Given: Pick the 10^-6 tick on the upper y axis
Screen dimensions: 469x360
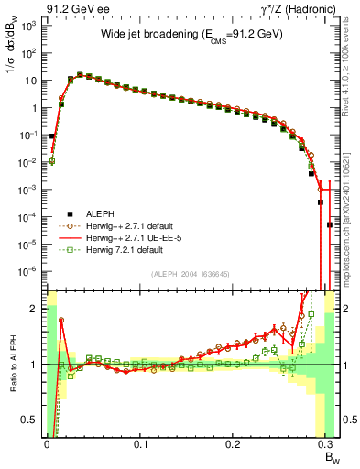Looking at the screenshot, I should point(28,271).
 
